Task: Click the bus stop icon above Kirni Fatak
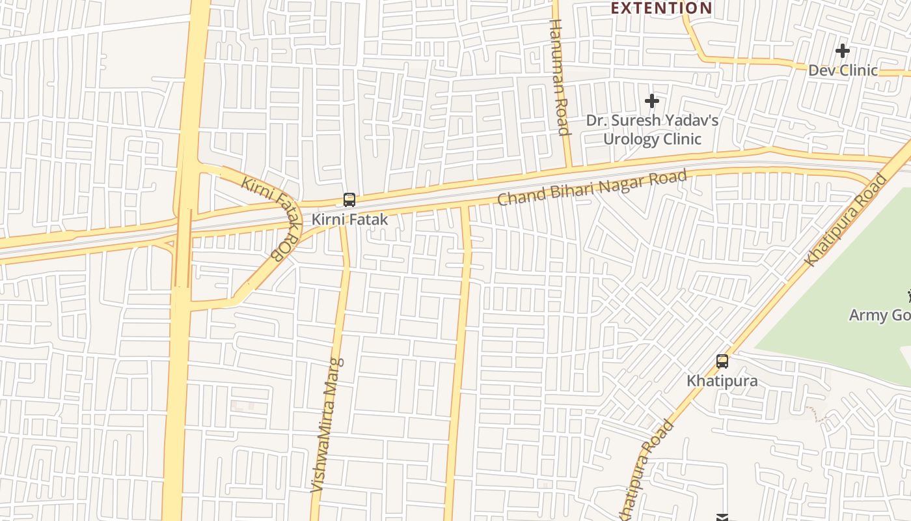pos(349,200)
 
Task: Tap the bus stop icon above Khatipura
pos(722,361)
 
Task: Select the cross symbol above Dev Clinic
pos(843,51)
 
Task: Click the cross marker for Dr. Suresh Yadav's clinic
pos(651,101)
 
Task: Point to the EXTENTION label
pos(661,8)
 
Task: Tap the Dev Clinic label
pos(843,70)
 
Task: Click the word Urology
pos(631,139)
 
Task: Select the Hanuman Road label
pos(560,77)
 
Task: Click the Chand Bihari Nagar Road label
pos(592,188)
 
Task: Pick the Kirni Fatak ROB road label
pos(271,218)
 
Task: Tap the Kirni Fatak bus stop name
pos(349,219)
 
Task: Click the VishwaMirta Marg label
pos(327,425)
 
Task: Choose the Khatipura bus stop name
pos(722,380)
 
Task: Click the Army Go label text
pos(878,315)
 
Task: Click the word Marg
pos(334,377)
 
